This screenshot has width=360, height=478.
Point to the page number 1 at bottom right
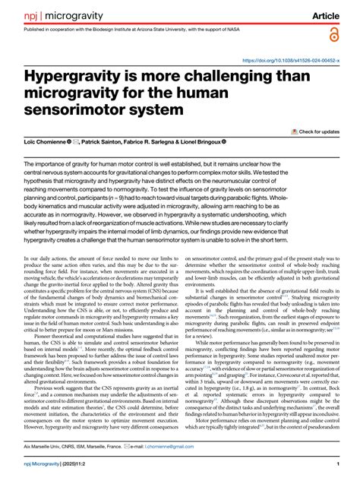click(336, 464)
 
